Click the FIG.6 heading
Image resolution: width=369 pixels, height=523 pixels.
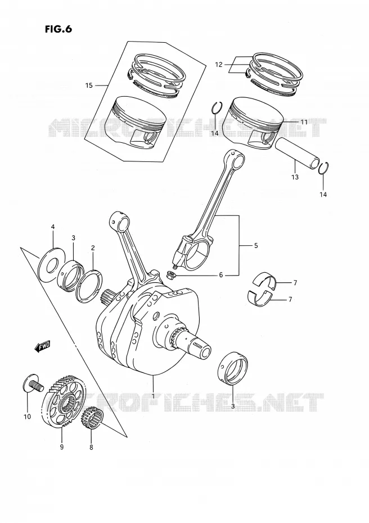58,29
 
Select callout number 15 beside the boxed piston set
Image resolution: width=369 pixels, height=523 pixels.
89,85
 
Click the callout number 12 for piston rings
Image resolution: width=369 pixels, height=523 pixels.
218,65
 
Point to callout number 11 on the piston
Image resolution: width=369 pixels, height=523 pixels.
304,123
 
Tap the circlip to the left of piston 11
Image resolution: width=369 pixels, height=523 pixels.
217,108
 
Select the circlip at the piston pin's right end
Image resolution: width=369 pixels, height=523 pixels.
323,168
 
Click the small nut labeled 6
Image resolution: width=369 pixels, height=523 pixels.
170,276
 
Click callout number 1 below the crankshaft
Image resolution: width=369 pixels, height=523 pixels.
153,396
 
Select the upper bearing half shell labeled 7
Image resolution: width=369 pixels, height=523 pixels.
265,281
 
